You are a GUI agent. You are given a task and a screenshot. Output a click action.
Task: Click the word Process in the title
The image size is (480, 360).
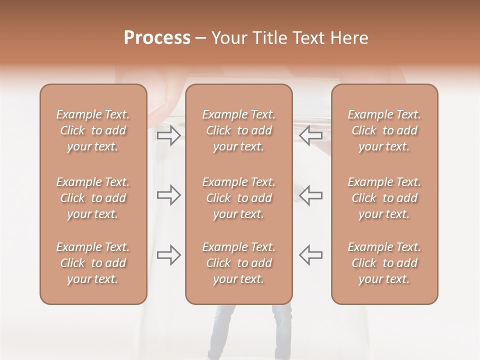(x=157, y=38)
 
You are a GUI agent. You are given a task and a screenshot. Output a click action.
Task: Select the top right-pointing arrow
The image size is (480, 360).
(x=169, y=135)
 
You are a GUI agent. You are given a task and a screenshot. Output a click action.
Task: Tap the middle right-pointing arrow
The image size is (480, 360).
(x=169, y=195)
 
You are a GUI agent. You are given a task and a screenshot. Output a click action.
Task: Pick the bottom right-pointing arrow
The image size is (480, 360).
(x=169, y=255)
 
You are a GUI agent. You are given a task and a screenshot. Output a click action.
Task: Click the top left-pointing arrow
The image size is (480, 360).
(x=310, y=135)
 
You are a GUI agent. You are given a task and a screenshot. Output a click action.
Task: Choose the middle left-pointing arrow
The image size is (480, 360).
(x=310, y=195)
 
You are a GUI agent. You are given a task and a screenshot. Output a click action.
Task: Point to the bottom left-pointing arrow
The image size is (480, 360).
(x=310, y=255)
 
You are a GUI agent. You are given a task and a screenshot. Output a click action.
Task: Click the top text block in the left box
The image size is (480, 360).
(x=93, y=130)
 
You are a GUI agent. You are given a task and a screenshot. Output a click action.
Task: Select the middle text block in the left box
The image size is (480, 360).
(x=93, y=198)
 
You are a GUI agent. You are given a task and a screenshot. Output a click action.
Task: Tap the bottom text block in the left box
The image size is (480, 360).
(x=93, y=263)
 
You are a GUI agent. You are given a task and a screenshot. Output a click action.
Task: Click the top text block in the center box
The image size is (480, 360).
(x=238, y=130)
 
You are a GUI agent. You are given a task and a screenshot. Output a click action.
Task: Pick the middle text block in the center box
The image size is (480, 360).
(x=238, y=198)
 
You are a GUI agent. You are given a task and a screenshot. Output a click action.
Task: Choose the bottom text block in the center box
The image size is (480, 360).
(x=238, y=263)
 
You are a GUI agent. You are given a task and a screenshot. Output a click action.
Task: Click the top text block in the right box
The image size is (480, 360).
(x=384, y=130)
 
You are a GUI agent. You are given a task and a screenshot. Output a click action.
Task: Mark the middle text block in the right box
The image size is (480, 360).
(x=384, y=198)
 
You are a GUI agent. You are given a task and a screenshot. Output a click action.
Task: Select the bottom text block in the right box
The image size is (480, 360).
(x=384, y=263)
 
